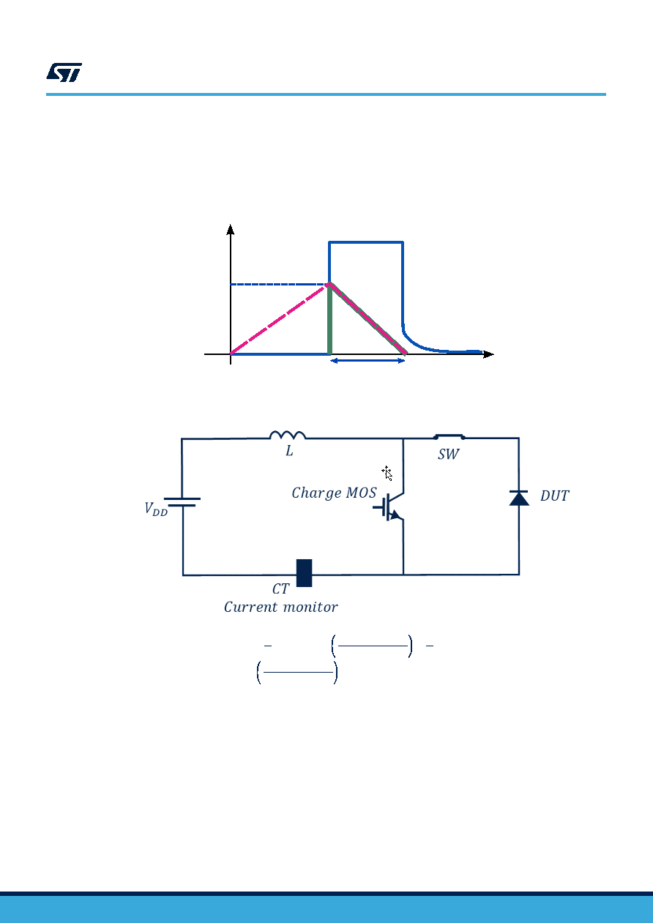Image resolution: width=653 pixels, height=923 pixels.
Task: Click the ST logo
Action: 64,72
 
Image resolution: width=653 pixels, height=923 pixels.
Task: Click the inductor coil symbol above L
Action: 288,435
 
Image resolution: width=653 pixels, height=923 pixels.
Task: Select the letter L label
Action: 289,451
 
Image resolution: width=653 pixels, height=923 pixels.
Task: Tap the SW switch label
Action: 448,454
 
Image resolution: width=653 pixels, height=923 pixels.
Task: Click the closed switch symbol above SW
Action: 449,436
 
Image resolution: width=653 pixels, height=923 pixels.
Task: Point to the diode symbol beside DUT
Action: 519,498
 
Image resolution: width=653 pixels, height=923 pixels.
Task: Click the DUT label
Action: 554,496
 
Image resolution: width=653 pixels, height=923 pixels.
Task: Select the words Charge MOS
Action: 334,493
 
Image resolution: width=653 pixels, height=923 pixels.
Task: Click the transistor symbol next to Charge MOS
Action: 389,507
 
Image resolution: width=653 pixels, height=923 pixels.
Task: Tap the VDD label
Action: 156,509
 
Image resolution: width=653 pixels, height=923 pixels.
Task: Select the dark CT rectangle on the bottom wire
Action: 304,572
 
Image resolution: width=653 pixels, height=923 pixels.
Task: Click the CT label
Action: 281,588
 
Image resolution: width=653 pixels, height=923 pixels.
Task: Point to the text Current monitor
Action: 281,607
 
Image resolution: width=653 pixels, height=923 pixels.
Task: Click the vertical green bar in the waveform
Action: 329,319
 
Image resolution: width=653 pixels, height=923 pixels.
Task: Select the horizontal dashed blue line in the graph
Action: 280,284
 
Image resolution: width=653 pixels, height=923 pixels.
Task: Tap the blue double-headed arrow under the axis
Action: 368,361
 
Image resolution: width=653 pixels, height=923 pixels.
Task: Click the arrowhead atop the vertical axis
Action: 231,229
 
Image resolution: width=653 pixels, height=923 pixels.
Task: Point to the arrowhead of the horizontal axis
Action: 488,354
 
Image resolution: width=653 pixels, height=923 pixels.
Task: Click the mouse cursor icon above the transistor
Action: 387,473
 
